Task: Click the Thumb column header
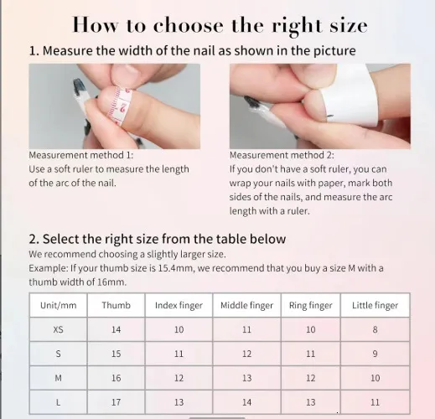point(116,305)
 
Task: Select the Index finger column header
point(179,305)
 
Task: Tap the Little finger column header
point(375,305)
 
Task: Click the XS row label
point(58,329)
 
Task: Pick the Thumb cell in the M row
point(116,378)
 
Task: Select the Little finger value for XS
point(375,329)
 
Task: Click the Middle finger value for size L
point(246,402)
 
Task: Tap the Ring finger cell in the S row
point(311,354)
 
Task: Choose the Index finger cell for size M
point(179,378)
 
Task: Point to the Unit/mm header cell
point(58,305)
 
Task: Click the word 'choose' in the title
point(189,25)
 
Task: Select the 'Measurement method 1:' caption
point(81,155)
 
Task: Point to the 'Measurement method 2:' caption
point(282,155)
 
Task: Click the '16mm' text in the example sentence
point(111,282)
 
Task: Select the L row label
point(58,402)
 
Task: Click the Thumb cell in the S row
point(116,354)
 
